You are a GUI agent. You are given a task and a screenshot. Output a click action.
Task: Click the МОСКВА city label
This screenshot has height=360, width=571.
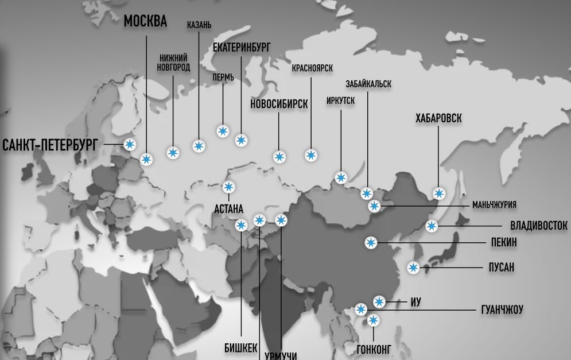(x=145, y=22)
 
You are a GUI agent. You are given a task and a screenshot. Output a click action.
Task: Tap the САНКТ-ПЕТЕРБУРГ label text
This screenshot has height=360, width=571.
(x=51, y=145)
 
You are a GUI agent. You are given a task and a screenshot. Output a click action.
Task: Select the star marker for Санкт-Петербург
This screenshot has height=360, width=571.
(x=130, y=144)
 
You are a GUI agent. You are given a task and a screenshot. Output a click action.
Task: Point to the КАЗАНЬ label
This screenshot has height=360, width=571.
(x=199, y=25)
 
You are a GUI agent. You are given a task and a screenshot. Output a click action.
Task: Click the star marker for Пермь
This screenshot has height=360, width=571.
(x=223, y=131)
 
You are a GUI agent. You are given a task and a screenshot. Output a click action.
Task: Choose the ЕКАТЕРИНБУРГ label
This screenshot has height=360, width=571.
(x=241, y=48)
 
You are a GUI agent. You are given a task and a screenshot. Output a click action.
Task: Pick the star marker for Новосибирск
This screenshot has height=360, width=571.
(x=279, y=157)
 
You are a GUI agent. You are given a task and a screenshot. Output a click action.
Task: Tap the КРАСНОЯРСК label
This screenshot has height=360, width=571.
(x=312, y=68)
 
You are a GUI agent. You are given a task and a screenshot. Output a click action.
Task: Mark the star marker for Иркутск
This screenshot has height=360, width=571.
(x=340, y=177)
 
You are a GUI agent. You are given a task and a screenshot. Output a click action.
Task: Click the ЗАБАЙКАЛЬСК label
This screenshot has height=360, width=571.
(x=368, y=84)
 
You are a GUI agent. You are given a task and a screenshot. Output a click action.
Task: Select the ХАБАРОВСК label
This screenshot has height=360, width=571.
(x=438, y=119)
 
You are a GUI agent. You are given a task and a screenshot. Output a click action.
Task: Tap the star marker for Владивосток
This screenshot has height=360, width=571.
(x=432, y=226)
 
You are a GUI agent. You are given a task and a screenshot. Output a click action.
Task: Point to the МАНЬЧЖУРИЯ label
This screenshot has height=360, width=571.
(x=494, y=205)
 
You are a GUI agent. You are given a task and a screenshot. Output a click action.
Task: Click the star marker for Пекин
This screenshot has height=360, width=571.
(x=371, y=243)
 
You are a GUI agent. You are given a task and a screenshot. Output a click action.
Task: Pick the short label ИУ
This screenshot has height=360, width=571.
(x=417, y=302)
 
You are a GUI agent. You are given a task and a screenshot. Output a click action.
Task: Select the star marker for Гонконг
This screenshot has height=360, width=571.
(x=374, y=320)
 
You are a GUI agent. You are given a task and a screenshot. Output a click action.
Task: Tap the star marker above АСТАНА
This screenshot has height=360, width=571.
(x=228, y=187)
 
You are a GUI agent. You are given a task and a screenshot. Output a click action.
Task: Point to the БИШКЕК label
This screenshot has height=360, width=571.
(x=240, y=347)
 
